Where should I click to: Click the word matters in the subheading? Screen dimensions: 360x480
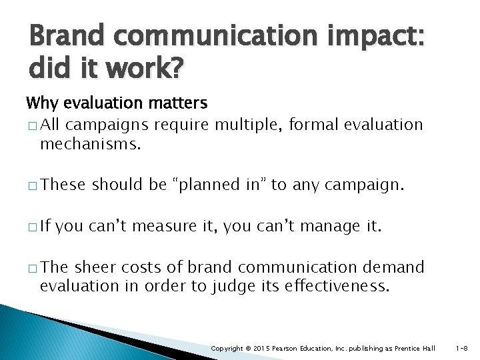[x=179, y=104]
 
